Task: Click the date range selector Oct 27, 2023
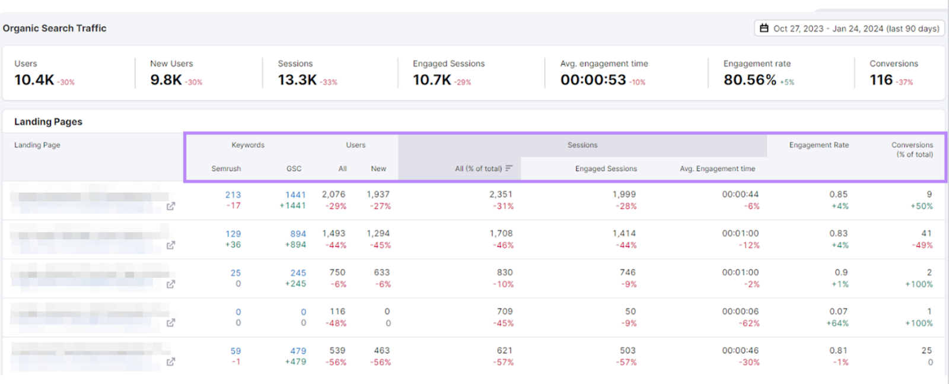click(849, 28)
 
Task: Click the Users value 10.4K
click(34, 80)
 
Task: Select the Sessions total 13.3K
click(297, 80)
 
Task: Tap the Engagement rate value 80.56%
click(750, 80)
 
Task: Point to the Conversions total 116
click(881, 80)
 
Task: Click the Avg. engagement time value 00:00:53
click(593, 80)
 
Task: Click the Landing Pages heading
click(48, 122)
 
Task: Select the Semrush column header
click(226, 169)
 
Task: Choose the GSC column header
click(294, 169)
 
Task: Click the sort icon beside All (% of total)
click(508, 169)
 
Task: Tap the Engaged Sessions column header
click(606, 169)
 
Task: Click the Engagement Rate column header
click(819, 145)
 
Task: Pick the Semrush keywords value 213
click(233, 195)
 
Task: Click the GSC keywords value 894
click(298, 234)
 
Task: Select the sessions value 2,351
click(501, 194)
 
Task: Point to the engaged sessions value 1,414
click(624, 233)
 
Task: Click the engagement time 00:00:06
click(740, 311)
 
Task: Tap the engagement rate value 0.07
click(838, 311)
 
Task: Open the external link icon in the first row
click(171, 206)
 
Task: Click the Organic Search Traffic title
click(55, 28)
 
